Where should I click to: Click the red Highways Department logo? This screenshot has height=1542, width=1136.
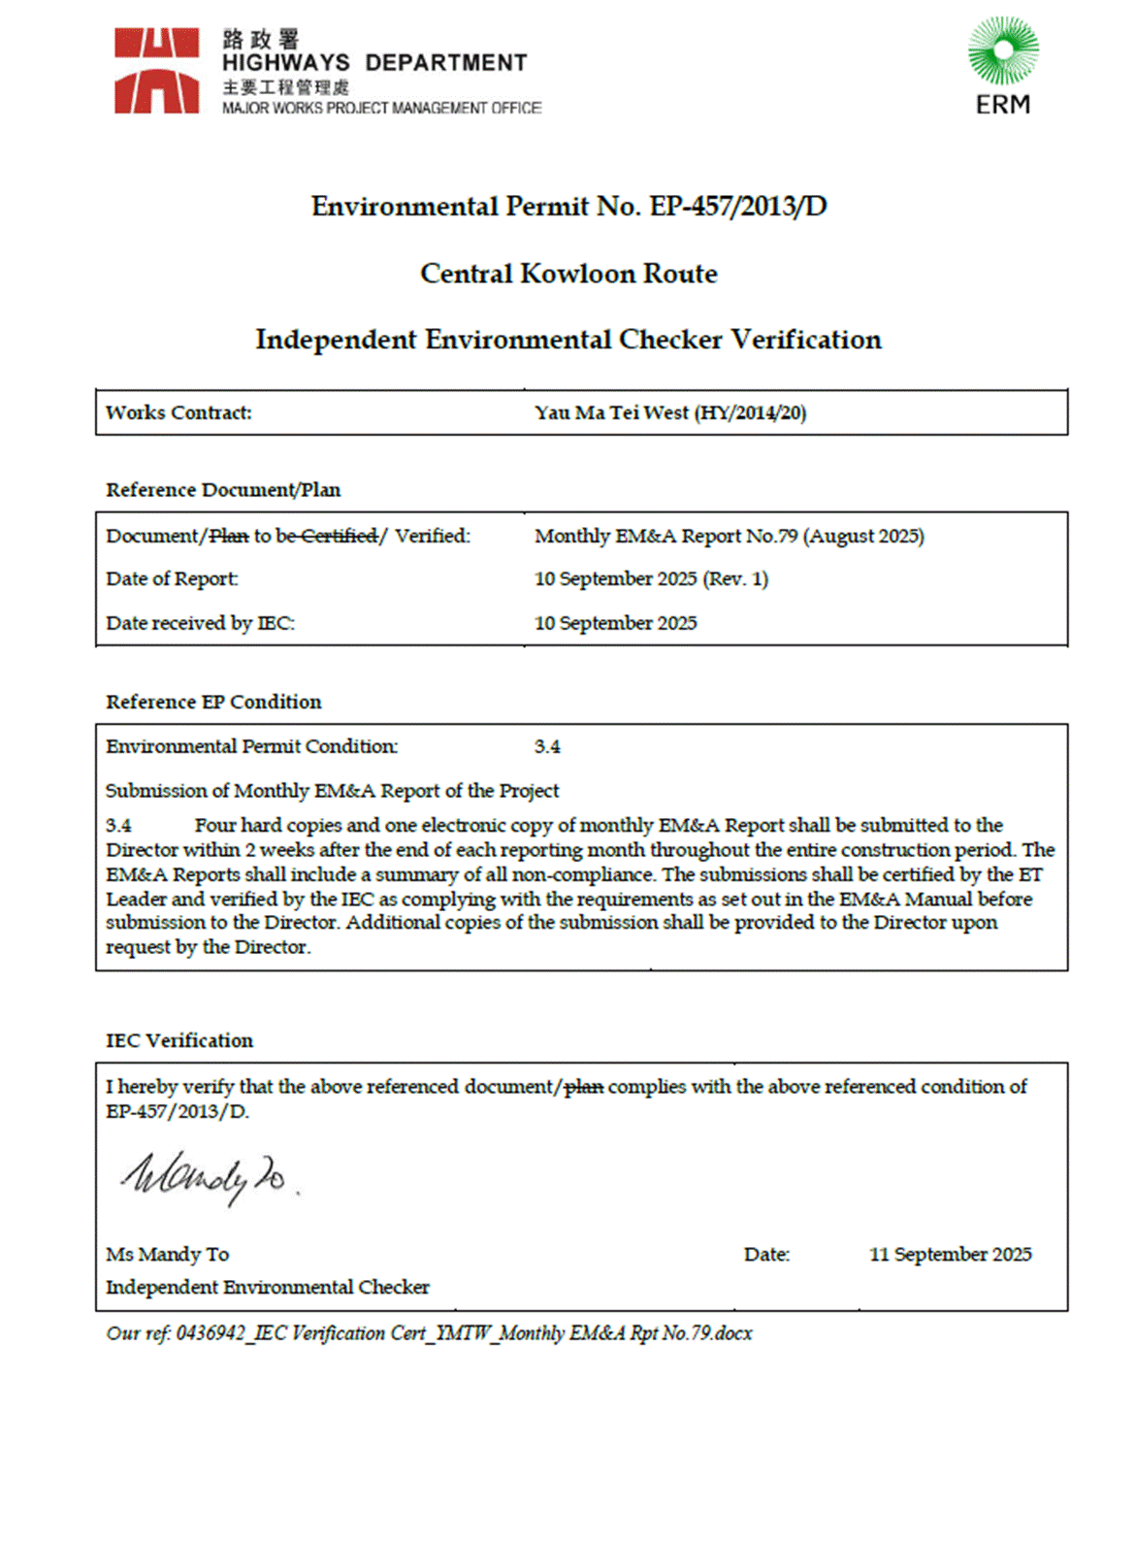[156, 71]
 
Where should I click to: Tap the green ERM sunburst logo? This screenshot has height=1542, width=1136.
[1003, 50]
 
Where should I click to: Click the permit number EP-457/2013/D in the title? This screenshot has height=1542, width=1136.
[738, 207]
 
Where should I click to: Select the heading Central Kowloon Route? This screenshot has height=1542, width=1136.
[568, 274]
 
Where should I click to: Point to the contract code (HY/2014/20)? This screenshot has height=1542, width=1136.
[750, 413]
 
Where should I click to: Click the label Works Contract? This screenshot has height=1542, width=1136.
[179, 413]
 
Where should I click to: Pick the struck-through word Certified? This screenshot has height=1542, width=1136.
[339, 537]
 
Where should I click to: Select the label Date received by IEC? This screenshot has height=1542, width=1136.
[200, 623]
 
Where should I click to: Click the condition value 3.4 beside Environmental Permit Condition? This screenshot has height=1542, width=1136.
[547, 747]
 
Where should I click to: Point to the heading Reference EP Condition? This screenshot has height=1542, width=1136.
[213, 703]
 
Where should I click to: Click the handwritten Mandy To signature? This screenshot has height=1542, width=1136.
[205, 1177]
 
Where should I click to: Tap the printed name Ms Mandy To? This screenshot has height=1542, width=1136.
[167, 1255]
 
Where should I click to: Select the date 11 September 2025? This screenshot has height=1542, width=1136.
[950, 1255]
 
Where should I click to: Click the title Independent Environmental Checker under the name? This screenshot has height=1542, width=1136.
[267, 1288]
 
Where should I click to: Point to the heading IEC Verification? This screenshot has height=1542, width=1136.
[179, 1041]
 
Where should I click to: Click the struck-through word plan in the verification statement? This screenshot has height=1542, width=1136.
[584, 1088]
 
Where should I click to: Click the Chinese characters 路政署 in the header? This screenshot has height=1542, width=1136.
[261, 39]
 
